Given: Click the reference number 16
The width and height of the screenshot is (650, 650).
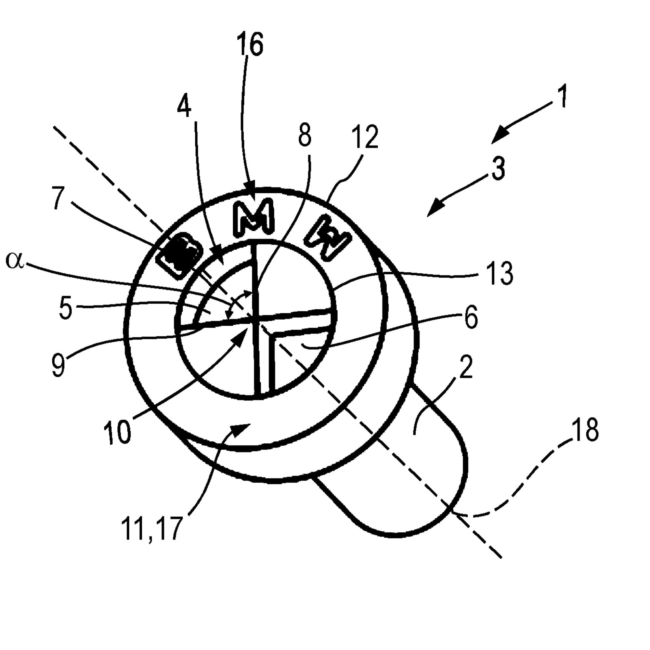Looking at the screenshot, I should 250,44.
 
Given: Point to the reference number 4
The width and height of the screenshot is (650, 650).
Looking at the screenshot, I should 184,104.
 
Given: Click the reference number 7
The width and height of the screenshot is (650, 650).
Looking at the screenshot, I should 58,198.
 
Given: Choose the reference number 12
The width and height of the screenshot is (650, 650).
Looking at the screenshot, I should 365,136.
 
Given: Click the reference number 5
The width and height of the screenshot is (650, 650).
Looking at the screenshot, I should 66,307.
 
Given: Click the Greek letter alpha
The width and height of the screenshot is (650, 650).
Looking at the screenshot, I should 15,261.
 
